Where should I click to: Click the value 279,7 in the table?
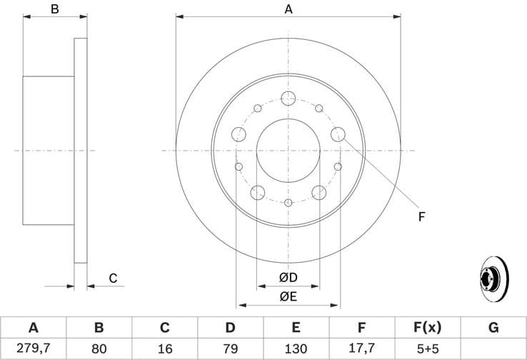tap(33, 349)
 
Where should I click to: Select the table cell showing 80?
tap(99, 349)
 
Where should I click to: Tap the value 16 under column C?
tap(164, 349)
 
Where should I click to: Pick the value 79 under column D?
tap(230, 349)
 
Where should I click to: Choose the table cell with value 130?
tap(296, 349)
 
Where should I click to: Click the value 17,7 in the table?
tap(361, 349)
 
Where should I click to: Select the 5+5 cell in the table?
tap(427, 349)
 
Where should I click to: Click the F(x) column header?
tap(427, 328)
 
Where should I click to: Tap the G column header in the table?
tap(493, 328)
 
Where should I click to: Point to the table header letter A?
tap(33, 328)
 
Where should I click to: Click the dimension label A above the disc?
tap(288, 9)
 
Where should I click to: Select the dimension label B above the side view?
tap(54, 9)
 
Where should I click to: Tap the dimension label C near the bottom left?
tap(113, 279)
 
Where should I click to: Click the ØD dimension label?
tap(288, 277)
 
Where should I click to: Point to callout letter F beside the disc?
tap(421, 216)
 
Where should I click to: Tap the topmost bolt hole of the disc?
tap(288, 99)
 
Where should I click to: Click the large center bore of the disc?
tap(288, 151)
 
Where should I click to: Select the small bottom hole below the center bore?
tap(288, 204)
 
